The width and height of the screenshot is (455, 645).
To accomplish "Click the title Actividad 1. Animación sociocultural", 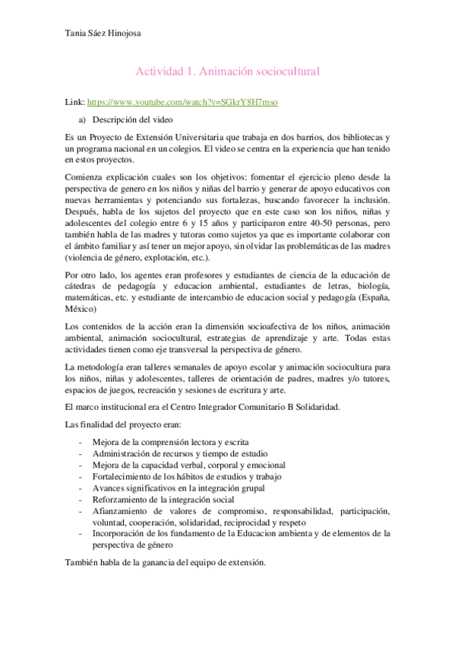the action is tap(227, 71).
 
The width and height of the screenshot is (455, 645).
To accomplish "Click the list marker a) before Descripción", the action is tap(83, 119).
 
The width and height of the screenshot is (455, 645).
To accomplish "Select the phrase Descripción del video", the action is tap(133, 119).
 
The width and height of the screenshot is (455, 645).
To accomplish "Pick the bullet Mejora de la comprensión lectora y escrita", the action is tap(170, 442).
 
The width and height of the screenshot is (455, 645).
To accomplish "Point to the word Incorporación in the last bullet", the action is tap(118, 533).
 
